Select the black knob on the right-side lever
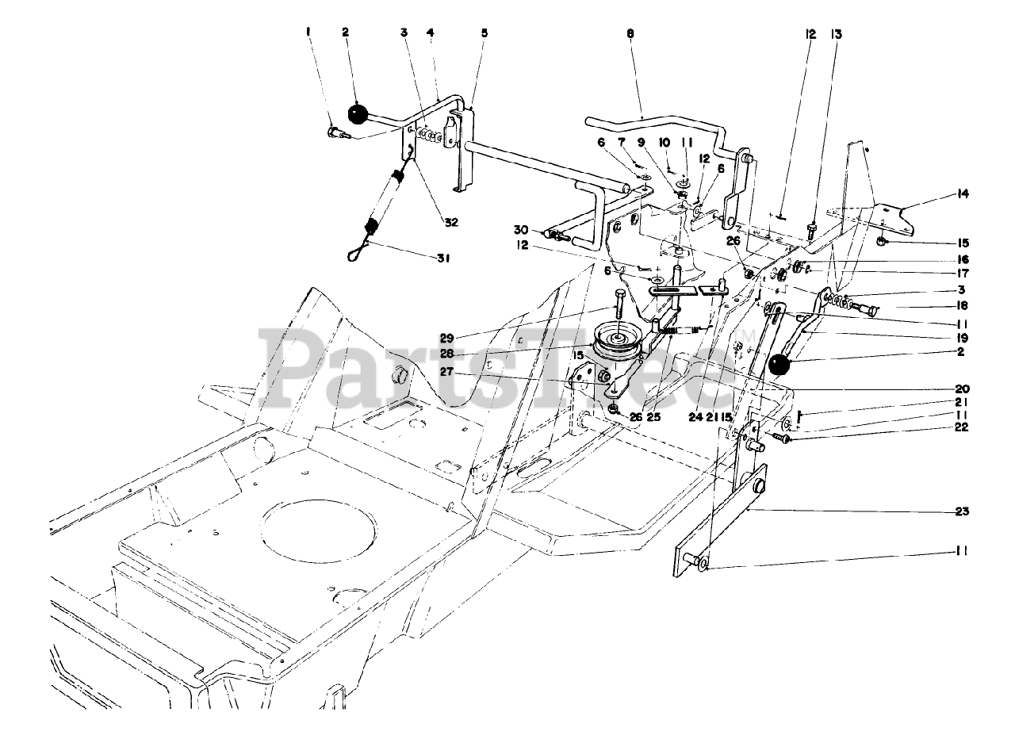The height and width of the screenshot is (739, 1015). coord(781,367)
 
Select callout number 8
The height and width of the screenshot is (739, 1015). coord(630,34)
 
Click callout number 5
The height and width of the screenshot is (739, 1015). coord(484,33)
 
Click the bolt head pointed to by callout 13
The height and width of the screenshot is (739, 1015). coord(811,230)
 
